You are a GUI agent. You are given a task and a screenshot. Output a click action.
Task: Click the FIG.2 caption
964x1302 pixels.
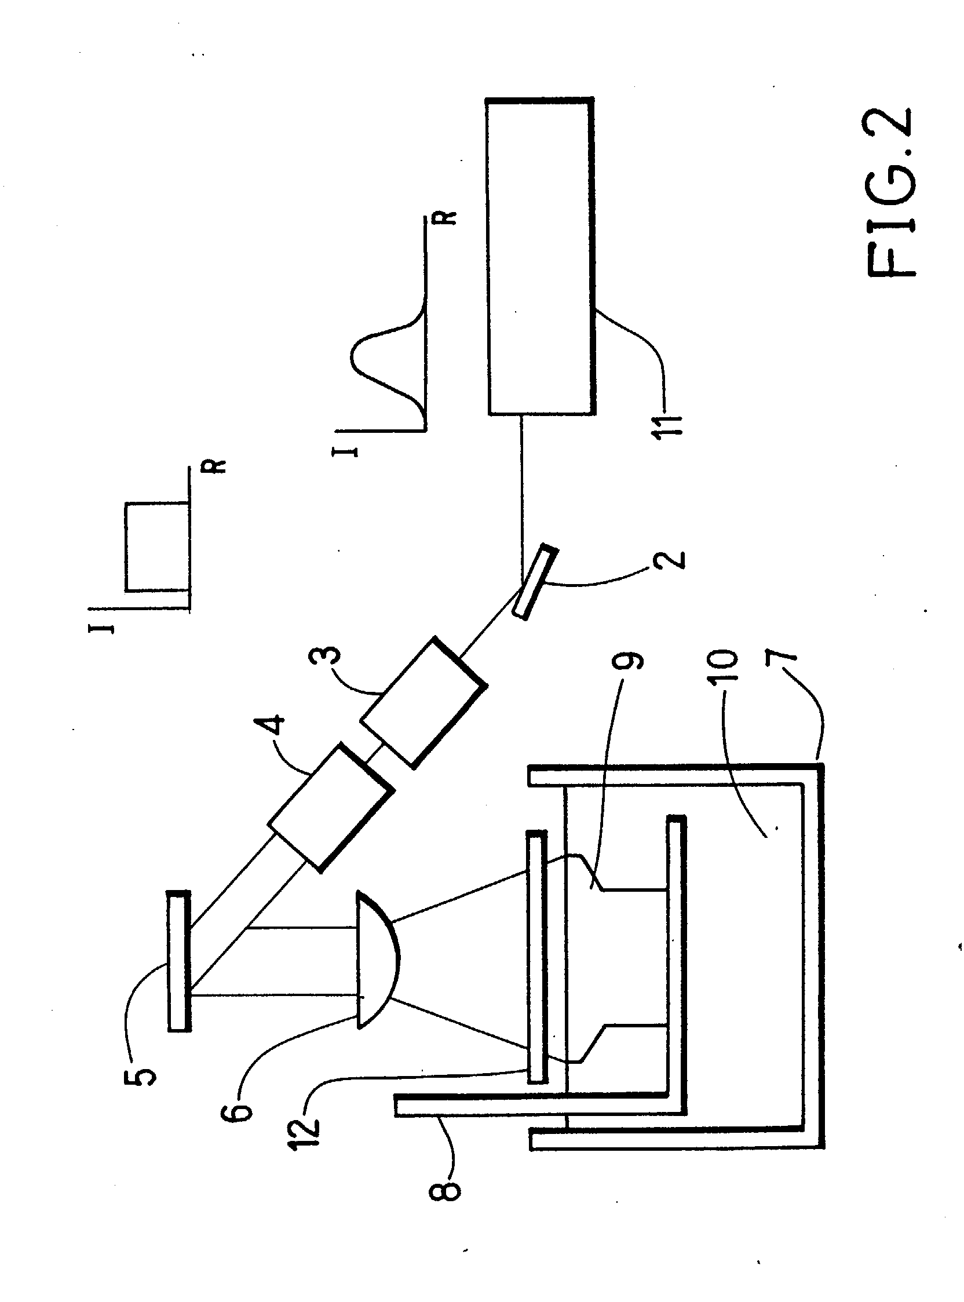pyautogui.click(x=890, y=192)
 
